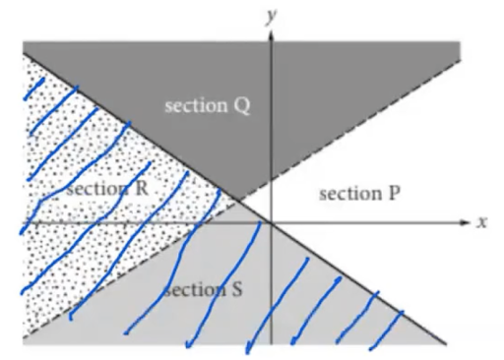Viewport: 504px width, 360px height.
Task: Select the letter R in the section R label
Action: click(139, 187)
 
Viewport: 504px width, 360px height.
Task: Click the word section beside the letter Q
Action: click(195, 105)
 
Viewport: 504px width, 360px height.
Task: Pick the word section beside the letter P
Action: click(347, 194)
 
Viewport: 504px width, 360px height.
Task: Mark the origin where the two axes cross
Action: click(268, 223)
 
